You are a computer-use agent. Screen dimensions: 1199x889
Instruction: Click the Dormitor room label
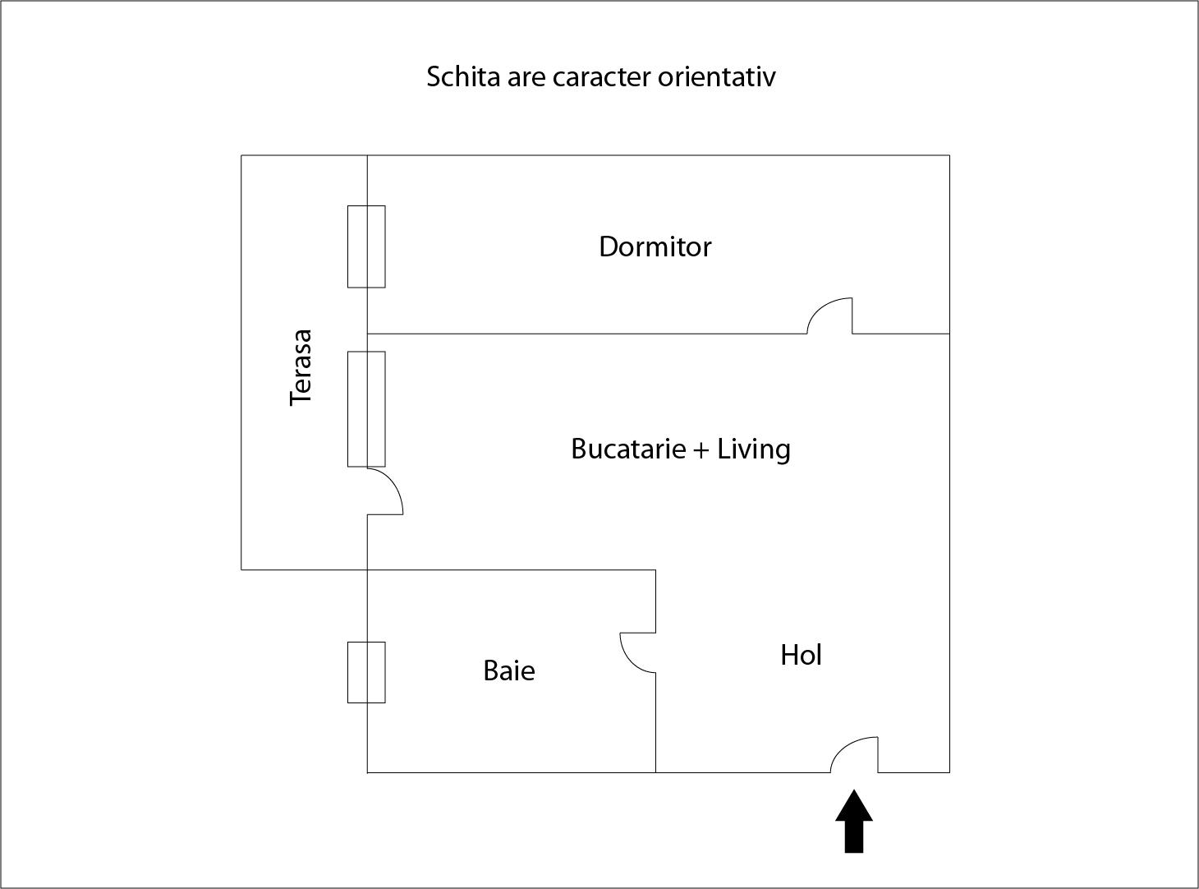[655, 246]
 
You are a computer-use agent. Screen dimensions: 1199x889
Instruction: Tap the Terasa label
[301, 367]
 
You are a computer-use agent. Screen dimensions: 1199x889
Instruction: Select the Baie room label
[509, 671]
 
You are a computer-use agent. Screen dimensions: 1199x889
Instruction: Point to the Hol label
[802, 655]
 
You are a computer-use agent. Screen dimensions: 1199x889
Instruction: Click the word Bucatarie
[629, 449]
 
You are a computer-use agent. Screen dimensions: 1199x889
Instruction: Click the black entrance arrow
[854, 822]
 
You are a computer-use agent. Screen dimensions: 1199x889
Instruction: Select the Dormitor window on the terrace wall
[366, 246]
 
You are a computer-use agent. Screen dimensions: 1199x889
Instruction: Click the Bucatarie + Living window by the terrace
[366, 409]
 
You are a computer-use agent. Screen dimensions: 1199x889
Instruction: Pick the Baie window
[366, 673]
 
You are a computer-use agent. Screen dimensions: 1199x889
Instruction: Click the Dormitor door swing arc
[829, 316]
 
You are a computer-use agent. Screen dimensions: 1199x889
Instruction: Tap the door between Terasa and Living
[385, 491]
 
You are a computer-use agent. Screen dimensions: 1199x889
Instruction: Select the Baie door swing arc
[638, 652]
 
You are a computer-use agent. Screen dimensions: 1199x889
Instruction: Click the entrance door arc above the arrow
[854, 755]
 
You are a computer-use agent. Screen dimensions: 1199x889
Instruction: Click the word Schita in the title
[463, 77]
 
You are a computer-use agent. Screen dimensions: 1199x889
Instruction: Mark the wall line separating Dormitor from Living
[587, 334]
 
